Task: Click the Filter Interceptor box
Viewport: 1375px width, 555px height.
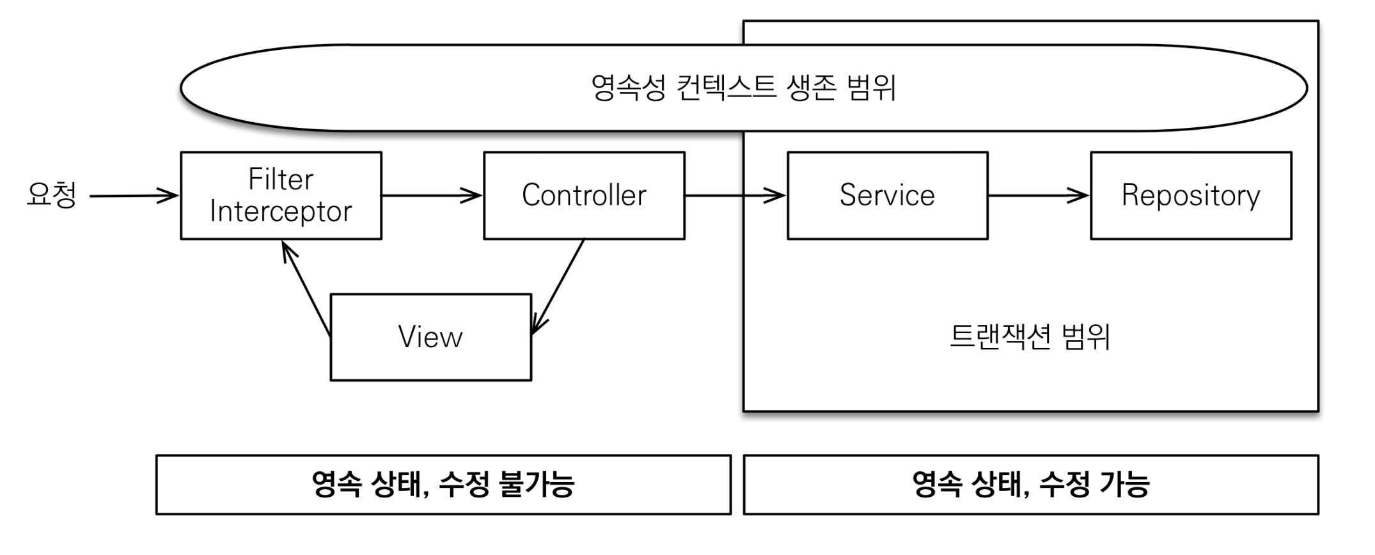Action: click(x=281, y=196)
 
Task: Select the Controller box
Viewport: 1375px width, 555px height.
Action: click(x=585, y=196)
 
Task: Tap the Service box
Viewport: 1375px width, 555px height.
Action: click(x=888, y=196)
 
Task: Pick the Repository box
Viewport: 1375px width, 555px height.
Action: click(x=1191, y=196)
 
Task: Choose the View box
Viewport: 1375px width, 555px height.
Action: click(x=431, y=337)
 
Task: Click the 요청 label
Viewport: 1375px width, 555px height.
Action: click(x=52, y=195)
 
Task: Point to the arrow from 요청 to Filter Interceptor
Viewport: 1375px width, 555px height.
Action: click(x=134, y=196)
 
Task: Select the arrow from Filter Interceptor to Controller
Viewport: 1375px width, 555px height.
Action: click(x=432, y=195)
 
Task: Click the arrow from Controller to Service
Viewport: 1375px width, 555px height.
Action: click(x=735, y=195)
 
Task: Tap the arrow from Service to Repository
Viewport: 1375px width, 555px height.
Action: click(x=1039, y=195)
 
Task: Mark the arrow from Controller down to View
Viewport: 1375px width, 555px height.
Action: click(x=558, y=287)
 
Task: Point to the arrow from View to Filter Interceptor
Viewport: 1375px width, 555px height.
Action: click(x=306, y=288)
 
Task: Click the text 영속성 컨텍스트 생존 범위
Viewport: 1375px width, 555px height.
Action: click(x=743, y=88)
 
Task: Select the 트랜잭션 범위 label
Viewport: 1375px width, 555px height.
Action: click(x=1030, y=336)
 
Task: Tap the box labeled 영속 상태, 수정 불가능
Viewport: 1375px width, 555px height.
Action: click(x=443, y=485)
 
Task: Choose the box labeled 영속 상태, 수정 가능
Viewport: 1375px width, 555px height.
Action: click(x=1031, y=485)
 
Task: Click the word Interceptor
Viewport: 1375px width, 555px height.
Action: click(x=281, y=212)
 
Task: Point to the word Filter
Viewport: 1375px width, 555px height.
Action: click(x=281, y=179)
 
